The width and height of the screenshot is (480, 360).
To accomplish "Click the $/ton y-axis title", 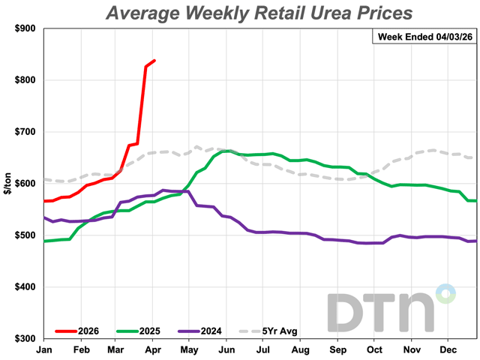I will (8, 184).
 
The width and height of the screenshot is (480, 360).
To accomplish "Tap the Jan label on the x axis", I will (45, 349).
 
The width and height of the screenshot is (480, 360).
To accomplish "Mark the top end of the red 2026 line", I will (154, 61).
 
